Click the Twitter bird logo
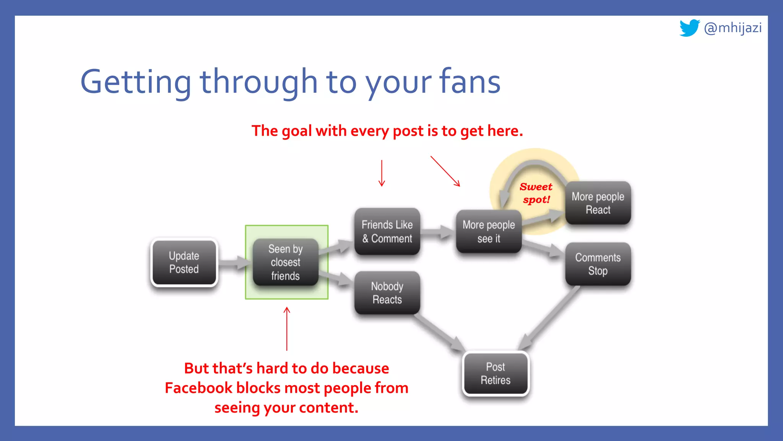click(689, 28)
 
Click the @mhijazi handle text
click(733, 28)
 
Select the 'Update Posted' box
click(184, 262)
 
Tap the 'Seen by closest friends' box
click(285, 262)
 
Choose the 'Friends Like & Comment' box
click(387, 231)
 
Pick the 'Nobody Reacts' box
click(387, 293)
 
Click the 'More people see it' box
click(489, 231)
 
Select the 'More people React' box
click(598, 203)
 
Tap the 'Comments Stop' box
click(598, 264)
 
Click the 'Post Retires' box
click(495, 373)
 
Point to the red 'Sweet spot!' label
click(536, 193)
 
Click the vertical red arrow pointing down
click(382, 173)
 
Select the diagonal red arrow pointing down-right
click(445, 171)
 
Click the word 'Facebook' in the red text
click(198, 388)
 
